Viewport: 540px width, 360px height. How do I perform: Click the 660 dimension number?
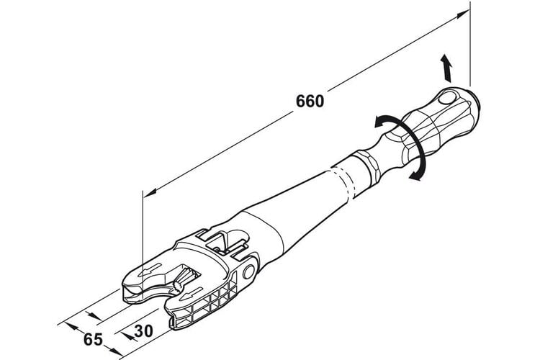tap(310, 101)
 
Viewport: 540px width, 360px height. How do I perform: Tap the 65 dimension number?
tap(93, 339)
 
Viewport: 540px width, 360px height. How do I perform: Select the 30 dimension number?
tap(143, 331)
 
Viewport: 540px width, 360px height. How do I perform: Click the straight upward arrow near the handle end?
tap(446, 68)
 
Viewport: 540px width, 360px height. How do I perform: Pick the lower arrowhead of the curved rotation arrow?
tap(416, 175)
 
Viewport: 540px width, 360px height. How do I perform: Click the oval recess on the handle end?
tap(447, 98)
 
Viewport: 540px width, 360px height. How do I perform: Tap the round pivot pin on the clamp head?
tap(248, 272)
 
